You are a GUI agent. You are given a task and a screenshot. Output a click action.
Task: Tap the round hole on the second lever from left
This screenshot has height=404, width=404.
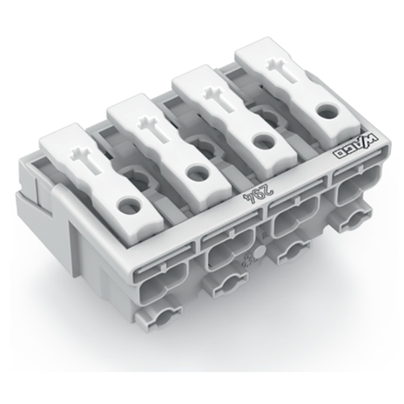pyautogui.click(x=198, y=172)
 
